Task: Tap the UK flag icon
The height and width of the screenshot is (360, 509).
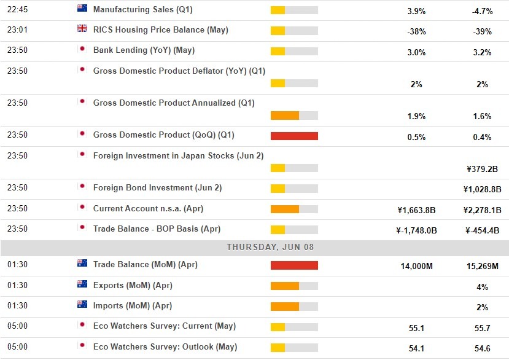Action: [x=82, y=29]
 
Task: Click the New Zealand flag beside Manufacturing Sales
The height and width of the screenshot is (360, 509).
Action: [x=82, y=9]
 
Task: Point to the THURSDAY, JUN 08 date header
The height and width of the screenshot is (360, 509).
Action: [x=254, y=247]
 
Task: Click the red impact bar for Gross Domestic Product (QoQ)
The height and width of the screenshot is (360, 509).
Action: [x=294, y=136]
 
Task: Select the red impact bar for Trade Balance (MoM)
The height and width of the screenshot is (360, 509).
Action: [x=294, y=265]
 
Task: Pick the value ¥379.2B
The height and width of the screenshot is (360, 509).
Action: [x=482, y=168]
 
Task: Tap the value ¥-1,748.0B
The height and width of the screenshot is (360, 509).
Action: [x=416, y=231]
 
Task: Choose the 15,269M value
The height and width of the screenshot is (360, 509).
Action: [x=482, y=267]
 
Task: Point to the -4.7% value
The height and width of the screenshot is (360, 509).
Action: [x=482, y=12]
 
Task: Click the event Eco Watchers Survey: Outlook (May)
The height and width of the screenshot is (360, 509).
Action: [x=165, y=346]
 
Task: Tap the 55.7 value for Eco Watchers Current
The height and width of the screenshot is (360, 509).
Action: [x=482, y=329]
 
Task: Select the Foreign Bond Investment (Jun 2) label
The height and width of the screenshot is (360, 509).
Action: [x=157, y=187]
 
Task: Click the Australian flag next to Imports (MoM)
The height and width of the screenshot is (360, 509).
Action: [x=82, y=305]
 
